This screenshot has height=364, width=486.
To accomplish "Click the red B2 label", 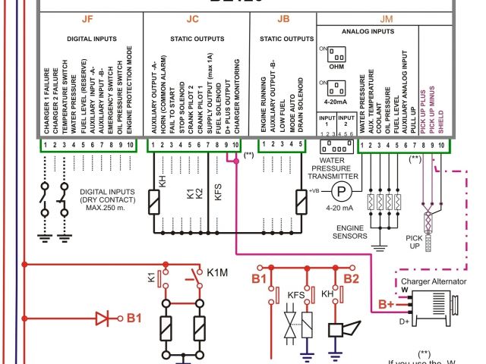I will pos(351,278).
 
